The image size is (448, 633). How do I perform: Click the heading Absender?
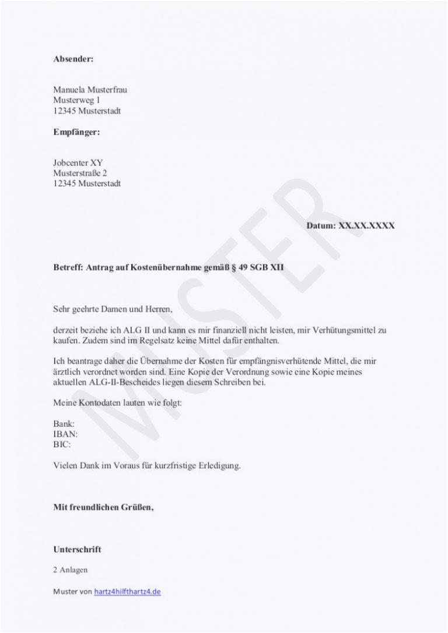click(x=73, y=59)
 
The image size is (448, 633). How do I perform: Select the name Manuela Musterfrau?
click(x=90, y=90)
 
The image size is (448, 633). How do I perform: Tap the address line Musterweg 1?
click(x=76, y=100)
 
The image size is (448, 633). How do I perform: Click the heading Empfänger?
click(x=76, y=132)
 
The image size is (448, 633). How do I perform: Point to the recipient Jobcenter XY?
click(x=78, y=163)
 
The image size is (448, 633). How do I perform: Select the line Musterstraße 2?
click(x=80, y=174)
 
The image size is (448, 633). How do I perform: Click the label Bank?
click(x=64, y=424)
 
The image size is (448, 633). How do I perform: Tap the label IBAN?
click(x=65, y=434)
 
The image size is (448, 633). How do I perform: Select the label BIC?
click(x=62, y=444)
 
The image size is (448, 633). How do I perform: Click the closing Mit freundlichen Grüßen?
click(x=103, y=507)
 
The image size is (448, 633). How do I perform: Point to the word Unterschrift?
click(x=77, y=549)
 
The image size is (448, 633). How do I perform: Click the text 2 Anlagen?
click(x=70, y=570)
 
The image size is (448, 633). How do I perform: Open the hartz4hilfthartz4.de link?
click(x=127, y=592)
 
